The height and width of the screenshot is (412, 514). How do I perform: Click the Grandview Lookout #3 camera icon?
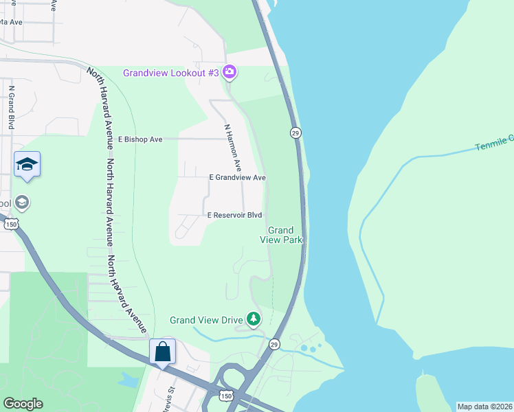pos(230,72)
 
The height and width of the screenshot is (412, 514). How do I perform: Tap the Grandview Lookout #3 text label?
pos(171,73)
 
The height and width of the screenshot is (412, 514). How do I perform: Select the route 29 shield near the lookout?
pos(295,133)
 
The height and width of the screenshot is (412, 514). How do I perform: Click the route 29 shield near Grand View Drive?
pos(273,343)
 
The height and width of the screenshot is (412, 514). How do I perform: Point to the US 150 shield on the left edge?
pos(10,224)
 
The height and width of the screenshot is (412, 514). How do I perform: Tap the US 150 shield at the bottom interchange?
pos(227,397)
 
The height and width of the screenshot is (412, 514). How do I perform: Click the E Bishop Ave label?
pos(140,139)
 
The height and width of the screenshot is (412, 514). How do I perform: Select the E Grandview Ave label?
pos(237,177)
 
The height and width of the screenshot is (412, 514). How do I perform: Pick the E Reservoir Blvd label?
pos(235,216)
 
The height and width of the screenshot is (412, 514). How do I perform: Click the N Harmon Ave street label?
pos(233,147)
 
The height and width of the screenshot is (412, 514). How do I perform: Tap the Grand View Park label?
pos(280,235)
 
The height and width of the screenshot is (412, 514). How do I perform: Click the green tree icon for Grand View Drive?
pos(254,319)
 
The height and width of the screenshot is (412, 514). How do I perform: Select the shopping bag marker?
pos(163,352)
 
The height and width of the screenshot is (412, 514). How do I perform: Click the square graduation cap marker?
pos(27,164)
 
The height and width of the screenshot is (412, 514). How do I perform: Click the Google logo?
pos(23,404)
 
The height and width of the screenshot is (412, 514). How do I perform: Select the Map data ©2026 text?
pos(484,407)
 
